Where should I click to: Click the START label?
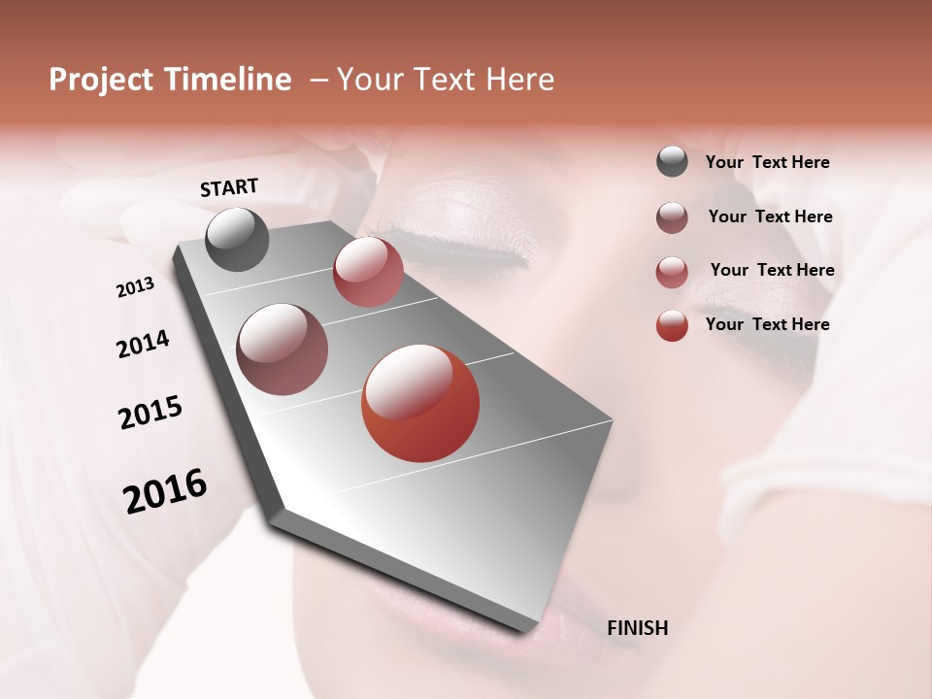click(x=229, y=187)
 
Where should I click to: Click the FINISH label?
click(x=637, y=628)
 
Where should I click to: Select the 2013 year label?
click(x=135, y=286)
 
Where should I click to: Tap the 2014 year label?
click(x=143, y=344)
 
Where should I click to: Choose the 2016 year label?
click(x=165, y=491)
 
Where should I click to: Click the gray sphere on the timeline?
click(x=237, y=239)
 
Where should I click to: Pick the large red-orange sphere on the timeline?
click(x=420, y=403)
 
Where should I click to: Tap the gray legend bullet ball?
click(x=672, y=161)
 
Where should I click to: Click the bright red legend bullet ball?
click(x=672, y=325)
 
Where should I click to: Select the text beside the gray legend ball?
click(x=767, y=162)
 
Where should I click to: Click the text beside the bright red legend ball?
click(x=767, y=324)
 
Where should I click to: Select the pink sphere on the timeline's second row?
click(x=368, y=271)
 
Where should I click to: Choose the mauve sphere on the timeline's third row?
click(x=282, y=349)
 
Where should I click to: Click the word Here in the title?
click(x=520, y=80)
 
